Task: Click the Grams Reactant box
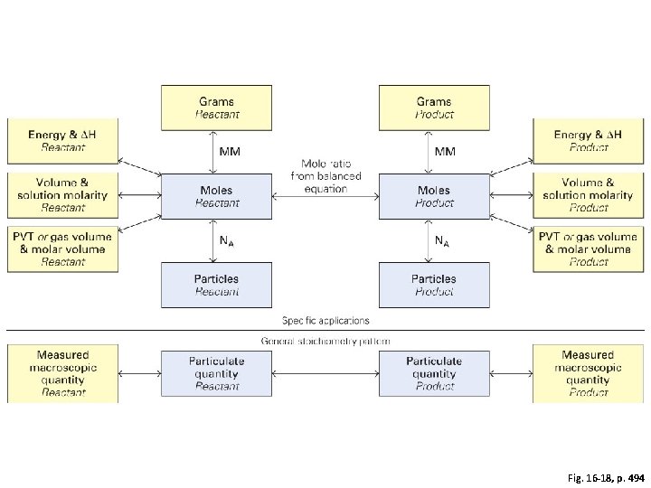tap(216, 107)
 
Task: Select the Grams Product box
tap(434, 107)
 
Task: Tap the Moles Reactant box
tap(216, 196)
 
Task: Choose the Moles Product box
tap(434, 196)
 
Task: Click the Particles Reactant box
tap(216, 285)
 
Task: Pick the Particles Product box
tap(434, 285)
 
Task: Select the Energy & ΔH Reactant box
tap(62, 140)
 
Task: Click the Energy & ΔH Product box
tap(588, 140)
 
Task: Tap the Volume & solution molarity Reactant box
tap(62, 194)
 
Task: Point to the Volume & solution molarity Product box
tap(588, 194)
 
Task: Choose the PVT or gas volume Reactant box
tap(62, 249)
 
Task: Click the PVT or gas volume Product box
tap(588, 249)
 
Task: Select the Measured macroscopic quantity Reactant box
tap(62, 372)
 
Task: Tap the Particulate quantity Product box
tap(434, 372)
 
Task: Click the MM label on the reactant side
tap(231, 151)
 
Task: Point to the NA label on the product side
tap(442, 240)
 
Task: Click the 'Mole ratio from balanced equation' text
tap(325, 176)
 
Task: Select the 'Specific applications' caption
tap(325, 320)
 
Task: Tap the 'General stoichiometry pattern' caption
tap(325, 341)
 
